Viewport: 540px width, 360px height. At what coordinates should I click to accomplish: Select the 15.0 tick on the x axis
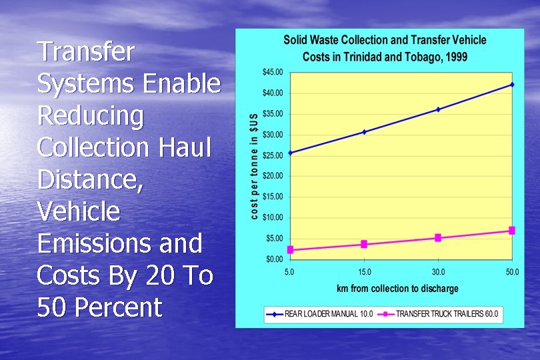point(364,272)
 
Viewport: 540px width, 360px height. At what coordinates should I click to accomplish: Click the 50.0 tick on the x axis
point(511,272)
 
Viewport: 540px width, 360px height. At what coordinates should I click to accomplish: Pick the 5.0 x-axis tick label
point(290,272)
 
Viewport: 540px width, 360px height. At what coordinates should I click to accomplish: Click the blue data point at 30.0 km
point(438,109)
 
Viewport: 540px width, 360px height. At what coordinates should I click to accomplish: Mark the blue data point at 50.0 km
point(512,85)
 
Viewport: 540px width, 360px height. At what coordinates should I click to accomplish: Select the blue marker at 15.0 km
point(364,132)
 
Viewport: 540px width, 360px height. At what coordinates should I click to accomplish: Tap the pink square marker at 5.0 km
point(290,250)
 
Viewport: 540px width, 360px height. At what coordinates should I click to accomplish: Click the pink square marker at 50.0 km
point(512,231)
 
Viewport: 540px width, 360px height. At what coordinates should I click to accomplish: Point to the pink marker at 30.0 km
point(438,238)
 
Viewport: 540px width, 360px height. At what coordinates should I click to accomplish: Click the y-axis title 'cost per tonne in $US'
point(254,165)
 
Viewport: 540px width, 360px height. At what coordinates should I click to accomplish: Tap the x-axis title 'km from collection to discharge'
point(398,289)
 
